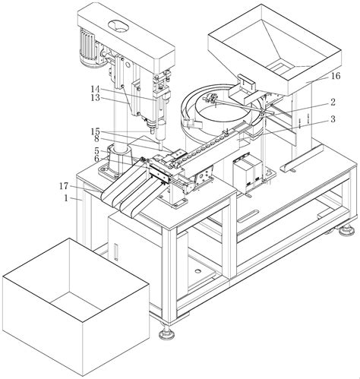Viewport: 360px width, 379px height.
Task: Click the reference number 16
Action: pos(336,76)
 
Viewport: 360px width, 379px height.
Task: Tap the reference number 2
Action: pos(333,102)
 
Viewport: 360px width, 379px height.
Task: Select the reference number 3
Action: pos(333,118)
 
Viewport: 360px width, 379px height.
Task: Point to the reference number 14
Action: pos(96,89)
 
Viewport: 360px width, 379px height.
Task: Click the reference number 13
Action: pos(96,97)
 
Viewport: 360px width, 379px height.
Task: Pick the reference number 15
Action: pos(96,131)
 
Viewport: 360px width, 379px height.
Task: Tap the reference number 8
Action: pos(96,139)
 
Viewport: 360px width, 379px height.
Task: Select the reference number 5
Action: pos(96,151)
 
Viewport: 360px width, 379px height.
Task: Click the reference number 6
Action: pos(96,159)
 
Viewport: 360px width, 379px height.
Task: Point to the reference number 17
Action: pos(64,186)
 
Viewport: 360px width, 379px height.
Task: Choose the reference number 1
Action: pos(66,198)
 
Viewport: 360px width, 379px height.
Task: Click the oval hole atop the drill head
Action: pos(118,26)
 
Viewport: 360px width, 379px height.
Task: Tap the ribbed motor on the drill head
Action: pos(88,48)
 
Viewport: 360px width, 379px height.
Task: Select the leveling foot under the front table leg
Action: pos(166,333)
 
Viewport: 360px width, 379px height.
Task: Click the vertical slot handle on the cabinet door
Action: pos(116,252)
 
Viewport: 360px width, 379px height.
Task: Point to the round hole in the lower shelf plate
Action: pos(197,271)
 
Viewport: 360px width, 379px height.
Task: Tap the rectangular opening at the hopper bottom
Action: pos(279,67)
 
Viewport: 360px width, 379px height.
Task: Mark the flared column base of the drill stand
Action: pos(118,162)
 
